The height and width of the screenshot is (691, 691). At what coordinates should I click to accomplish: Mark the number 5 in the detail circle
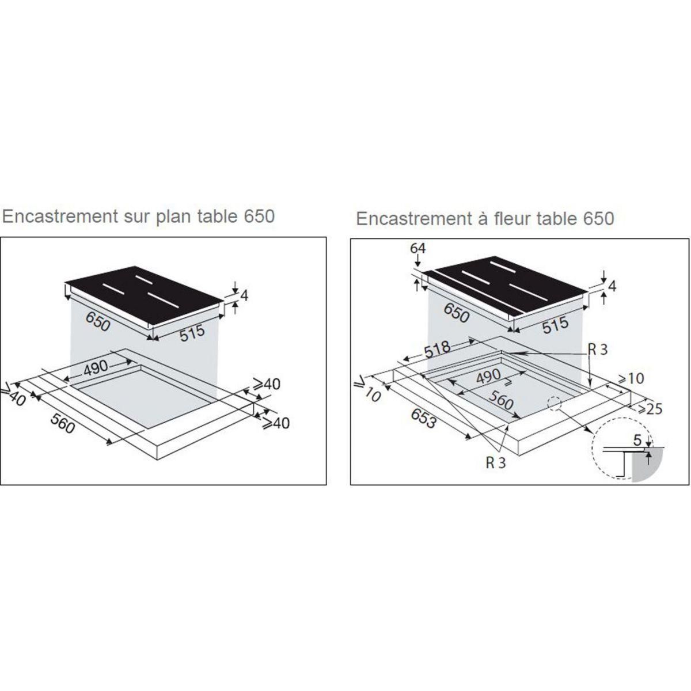tap(637, 439)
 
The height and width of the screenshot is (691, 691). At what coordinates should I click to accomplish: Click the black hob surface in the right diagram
tap(507, 288)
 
